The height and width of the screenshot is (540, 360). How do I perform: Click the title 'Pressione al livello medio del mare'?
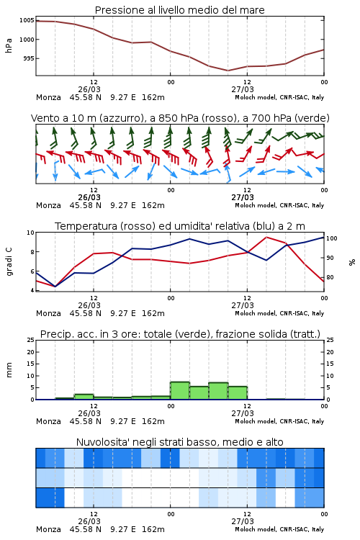click(179, 10)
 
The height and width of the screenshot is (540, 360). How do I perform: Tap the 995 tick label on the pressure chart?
click(29, 58)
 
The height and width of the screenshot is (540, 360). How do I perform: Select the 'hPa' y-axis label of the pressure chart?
click(9, 45)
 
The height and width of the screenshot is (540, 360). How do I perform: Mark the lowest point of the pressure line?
click(228, 71)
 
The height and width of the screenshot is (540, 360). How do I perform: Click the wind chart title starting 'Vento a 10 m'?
click(180, 118)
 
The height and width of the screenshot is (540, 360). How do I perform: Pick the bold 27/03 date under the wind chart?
click(243, 198)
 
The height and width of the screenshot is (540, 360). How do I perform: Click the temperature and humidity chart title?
click(180, 226)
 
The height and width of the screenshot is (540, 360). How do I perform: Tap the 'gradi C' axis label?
click(9, 262)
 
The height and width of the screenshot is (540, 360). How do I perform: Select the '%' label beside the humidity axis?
click(352, 262)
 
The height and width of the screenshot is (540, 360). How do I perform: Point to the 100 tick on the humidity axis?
click(332, 238)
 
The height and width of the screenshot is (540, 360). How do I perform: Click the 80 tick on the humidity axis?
click(330, 277)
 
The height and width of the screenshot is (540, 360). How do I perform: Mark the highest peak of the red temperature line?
click(266, 237)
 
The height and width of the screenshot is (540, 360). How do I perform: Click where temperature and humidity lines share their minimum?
click(55, 287)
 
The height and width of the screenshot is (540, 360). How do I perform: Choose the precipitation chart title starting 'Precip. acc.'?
click(180, 334)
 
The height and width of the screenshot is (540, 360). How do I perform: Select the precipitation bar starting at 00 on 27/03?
click(180, 390)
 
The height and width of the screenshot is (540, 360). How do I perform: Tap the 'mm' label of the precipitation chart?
click(9, 370)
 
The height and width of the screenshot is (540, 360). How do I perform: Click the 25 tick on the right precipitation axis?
click(330, 340)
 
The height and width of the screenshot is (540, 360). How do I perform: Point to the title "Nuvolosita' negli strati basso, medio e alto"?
click(179, 442)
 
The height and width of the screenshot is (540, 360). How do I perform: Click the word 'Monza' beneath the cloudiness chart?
click(48, 529)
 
